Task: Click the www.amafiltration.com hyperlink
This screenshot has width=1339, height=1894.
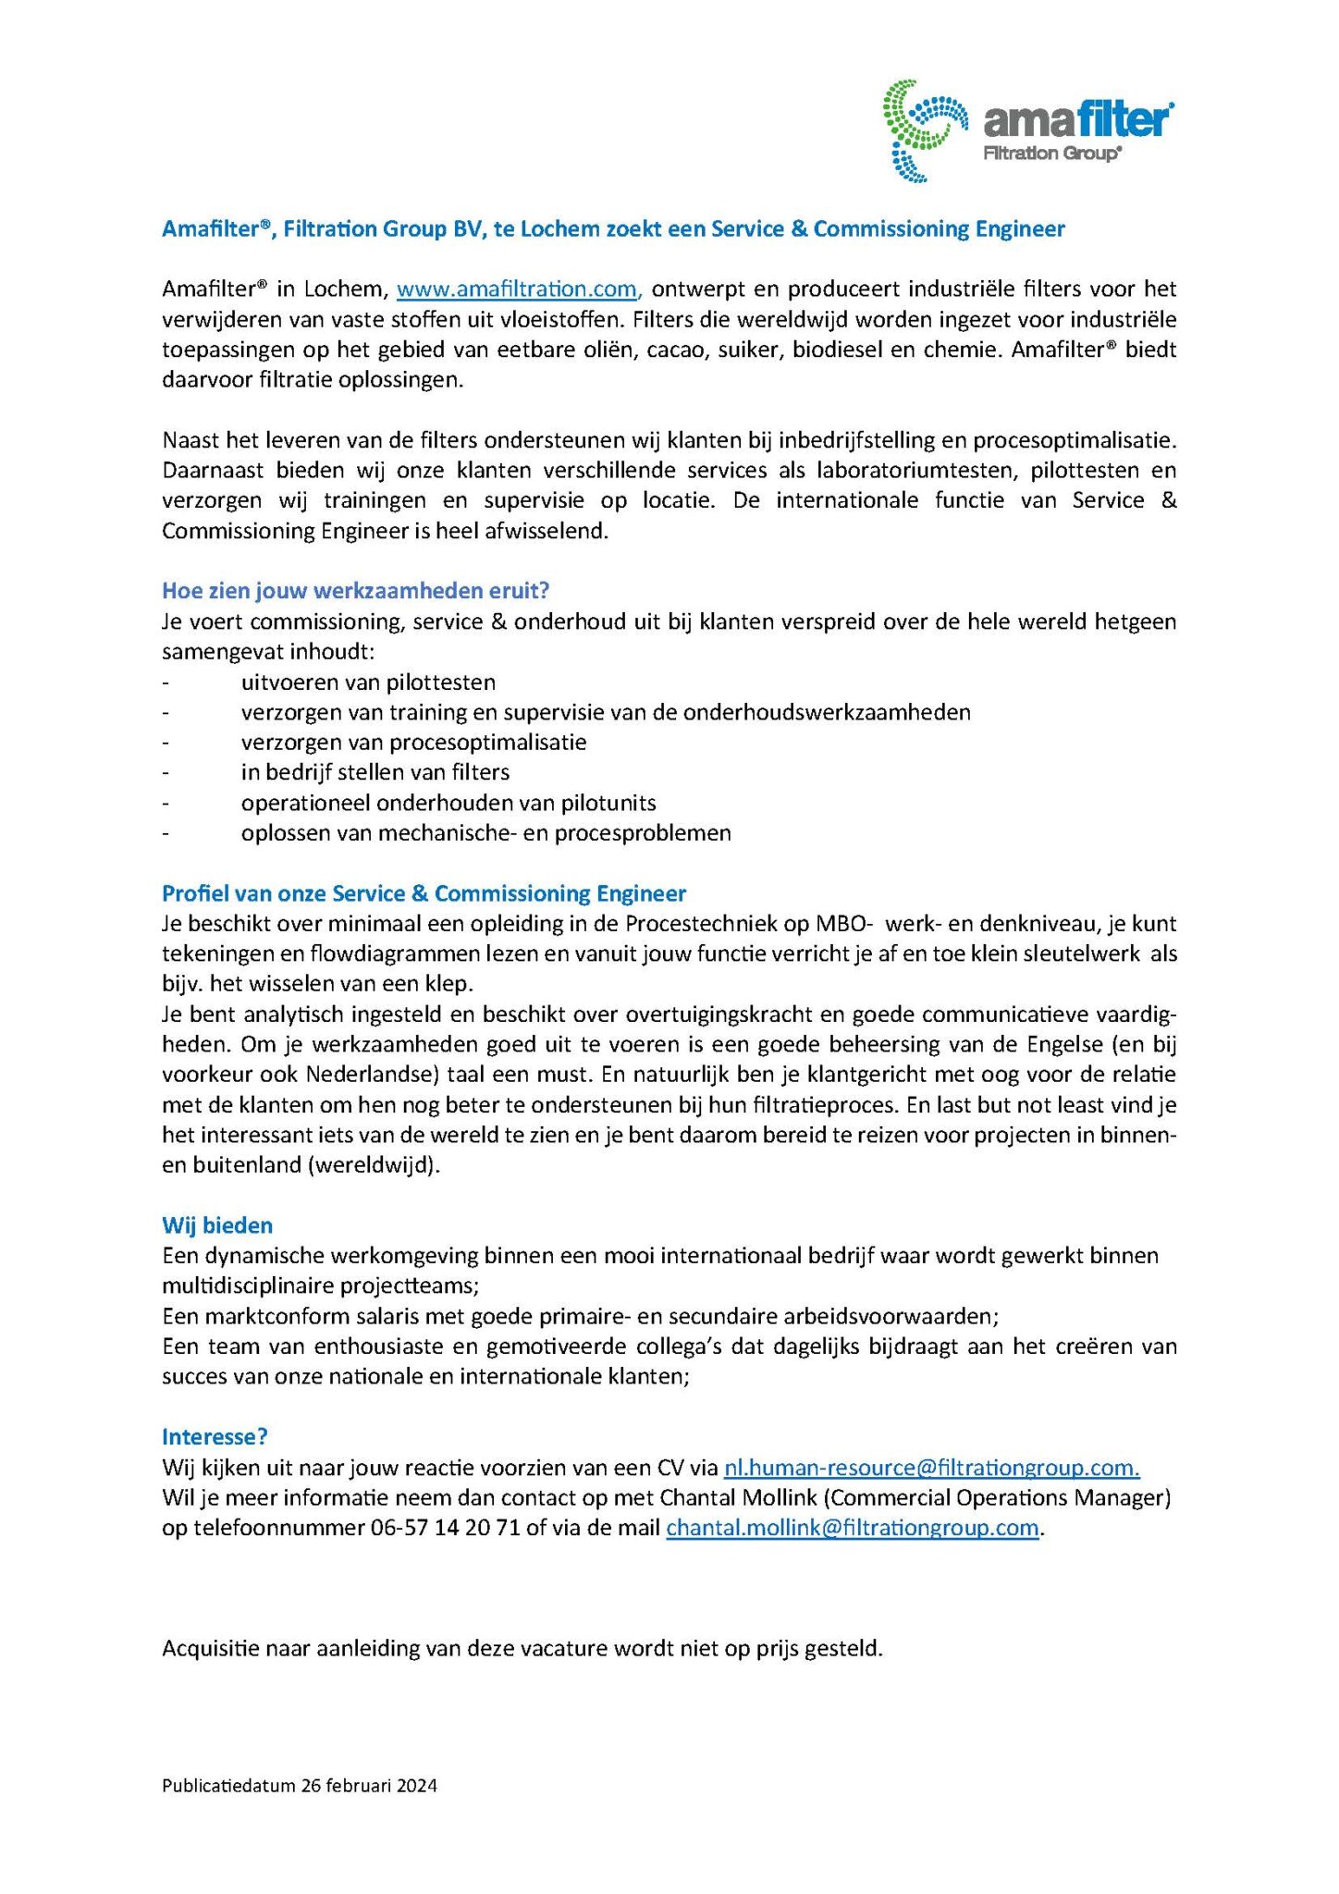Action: point(517,289)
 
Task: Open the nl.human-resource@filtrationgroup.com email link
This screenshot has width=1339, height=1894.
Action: point(931,1468)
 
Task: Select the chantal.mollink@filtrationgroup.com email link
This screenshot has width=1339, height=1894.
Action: point(853,1528)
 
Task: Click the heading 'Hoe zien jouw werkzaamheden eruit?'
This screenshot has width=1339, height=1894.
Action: point(356,590)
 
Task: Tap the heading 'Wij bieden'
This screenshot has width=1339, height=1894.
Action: point(217,1225)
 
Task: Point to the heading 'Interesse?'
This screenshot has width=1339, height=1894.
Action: point(215,1436)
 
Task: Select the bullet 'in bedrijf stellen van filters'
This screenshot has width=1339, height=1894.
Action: point(375,772)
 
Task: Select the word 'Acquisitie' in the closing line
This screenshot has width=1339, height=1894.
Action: point(210,1648)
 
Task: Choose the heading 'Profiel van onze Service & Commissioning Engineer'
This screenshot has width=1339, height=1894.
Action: point(424,893)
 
